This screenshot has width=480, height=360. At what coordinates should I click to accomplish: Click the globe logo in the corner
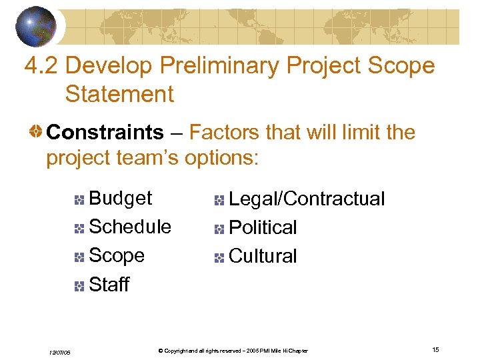coord(37,26)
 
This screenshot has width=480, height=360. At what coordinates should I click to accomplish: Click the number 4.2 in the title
coord(41,66)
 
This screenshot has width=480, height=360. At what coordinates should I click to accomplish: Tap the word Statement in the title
coord(119,94)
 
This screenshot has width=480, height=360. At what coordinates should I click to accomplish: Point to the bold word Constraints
coord(105,133)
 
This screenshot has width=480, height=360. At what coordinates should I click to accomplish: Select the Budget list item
coord(120,198)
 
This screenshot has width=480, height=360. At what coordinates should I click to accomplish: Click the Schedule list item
coord(129,227)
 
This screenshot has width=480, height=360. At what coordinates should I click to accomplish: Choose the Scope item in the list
coord(117,255)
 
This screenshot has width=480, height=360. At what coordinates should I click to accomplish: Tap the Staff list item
coord(109,285)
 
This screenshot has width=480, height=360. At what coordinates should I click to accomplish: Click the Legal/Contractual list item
coord(307,199)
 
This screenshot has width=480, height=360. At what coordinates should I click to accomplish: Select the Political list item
coord(263,227)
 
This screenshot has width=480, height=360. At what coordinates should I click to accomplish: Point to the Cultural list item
coord(263,256)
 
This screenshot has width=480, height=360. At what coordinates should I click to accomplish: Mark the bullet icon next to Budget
coord(79,199)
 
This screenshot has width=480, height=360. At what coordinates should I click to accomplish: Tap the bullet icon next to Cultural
coord(219,257)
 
